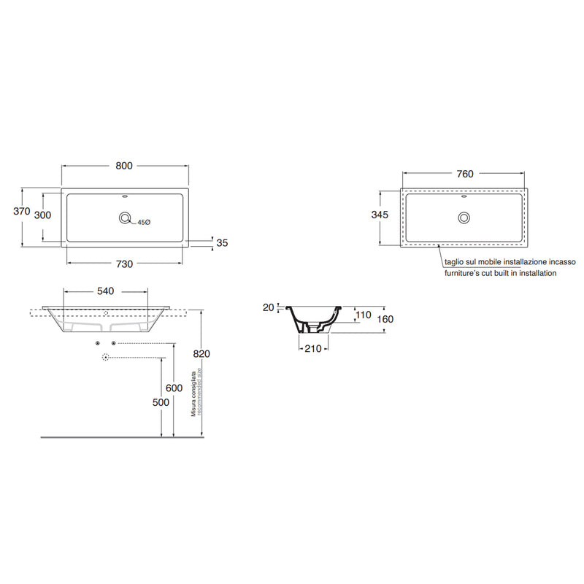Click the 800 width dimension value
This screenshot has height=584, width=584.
pos(124,166)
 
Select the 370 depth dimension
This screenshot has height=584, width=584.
pos(22,211)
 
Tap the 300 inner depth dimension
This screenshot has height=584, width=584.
pos(42,215)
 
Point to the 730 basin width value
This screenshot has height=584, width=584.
pos(124,264)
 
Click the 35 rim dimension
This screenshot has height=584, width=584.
pos(222,243)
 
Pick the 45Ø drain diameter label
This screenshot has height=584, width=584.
pos(144,223)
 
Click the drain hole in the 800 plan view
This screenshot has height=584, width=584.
pos(125,218)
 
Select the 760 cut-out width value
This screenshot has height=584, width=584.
pos(465,174)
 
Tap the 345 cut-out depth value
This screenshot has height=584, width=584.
pos(380,215)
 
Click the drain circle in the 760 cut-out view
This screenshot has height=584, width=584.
pos(464,218)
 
